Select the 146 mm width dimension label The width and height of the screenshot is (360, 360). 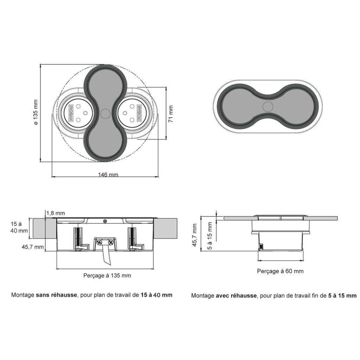pos(108,174)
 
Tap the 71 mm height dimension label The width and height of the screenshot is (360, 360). pos(171,113)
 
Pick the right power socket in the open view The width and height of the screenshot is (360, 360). pos(132,113)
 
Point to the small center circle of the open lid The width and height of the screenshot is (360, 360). pos(105,114)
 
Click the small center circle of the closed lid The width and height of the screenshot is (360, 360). pos(268,106)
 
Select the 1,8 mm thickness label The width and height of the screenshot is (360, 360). pos(56,213)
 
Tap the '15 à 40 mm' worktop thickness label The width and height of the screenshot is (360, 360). pos(19,227)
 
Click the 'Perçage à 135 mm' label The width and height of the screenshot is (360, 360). pos(107,275)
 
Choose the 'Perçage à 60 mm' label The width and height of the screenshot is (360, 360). pos(280,271)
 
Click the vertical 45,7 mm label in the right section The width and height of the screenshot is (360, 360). pos(194,235)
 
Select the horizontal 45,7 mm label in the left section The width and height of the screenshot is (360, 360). pos(32,247)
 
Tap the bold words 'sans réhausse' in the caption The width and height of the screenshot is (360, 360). pos(56,295)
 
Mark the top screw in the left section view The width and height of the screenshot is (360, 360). pos(105,221)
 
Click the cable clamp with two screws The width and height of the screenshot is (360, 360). pos(106,242)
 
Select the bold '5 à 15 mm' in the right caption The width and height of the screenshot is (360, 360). pos(342,296)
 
